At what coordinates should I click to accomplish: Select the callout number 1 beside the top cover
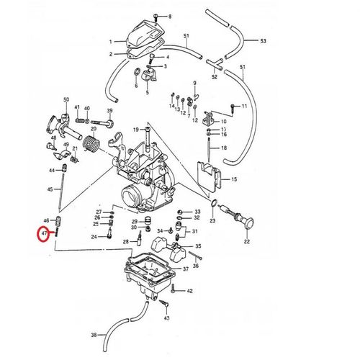111,42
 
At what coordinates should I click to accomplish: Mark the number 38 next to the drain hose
94,335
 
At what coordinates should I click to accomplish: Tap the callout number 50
66,99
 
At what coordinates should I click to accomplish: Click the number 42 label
190,292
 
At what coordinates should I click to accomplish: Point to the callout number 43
166,317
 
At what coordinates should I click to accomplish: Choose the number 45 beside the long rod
50,189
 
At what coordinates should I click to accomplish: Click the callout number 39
110,111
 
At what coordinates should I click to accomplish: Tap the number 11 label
244,107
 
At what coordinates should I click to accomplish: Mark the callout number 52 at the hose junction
214,76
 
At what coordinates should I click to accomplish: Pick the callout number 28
125,241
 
